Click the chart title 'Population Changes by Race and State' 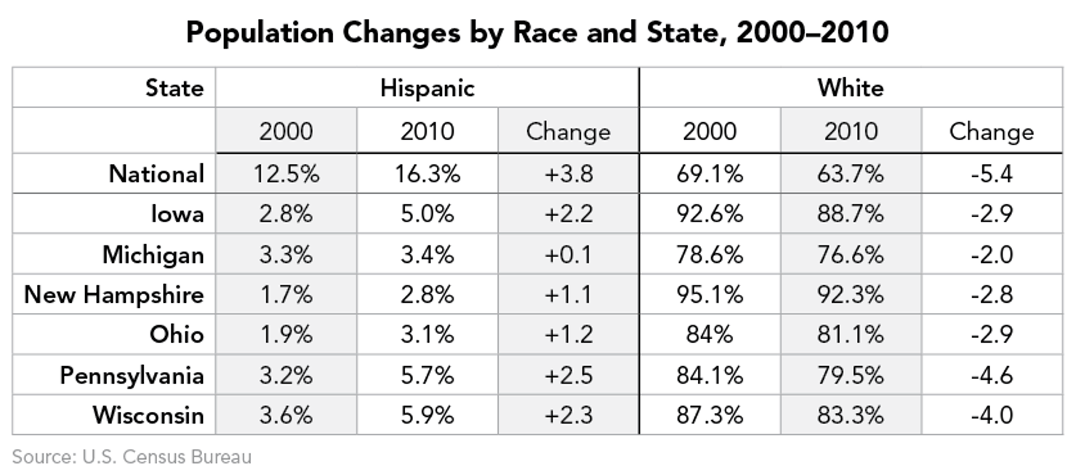[x=537, y=33]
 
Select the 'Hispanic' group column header [x=427, y=88]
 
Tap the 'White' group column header [x=850, y=88]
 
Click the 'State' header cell [x=174, y=88]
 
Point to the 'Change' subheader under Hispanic [x=568, y=131]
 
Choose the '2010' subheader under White [x=851, y=131]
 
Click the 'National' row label [x=156, y=174]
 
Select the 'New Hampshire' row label [x=114, y=295]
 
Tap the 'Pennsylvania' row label [x=132, y=375]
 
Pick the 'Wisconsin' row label [x=148, y=415]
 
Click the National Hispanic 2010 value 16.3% [x=427, y=174]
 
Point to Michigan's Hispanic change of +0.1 [x=568, y=255]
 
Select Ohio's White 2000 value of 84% [x=709, y=335]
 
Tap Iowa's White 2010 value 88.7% [x=851, y=214]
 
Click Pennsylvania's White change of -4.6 [x=991, y=375]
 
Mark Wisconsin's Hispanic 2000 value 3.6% [x=286, y=415]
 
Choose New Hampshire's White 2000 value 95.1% [x=709, y=295]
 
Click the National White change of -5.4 [x=991, y=174]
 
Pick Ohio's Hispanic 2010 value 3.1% [x=427, y=335]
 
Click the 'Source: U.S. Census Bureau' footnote [x=132, y=457]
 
